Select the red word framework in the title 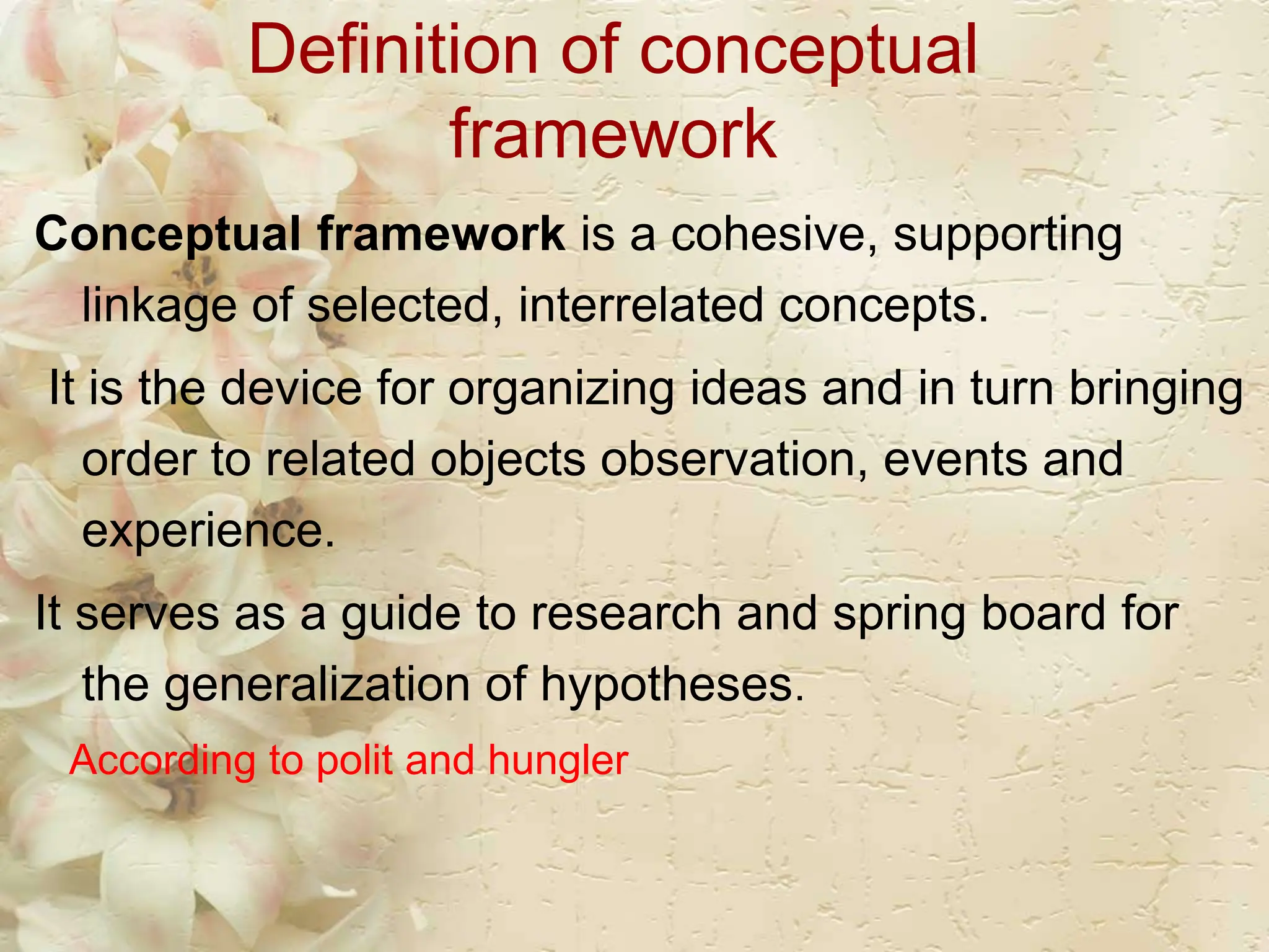[x=613, y=134]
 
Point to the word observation [x=734, y=459]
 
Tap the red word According [x=162, y=762]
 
